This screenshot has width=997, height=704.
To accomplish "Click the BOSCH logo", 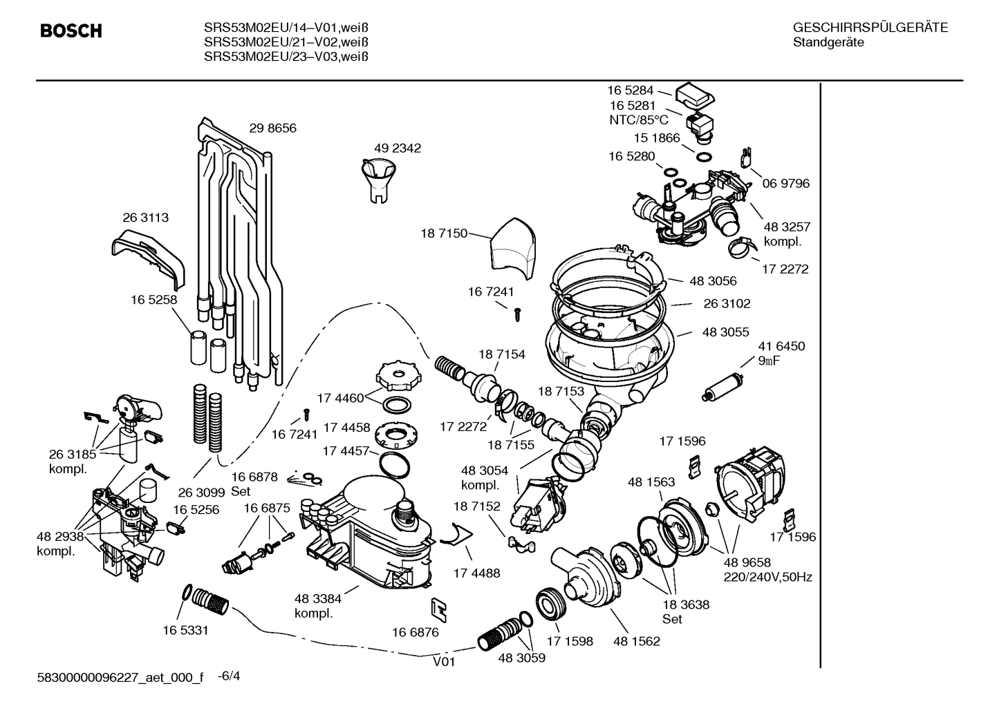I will [71, 31].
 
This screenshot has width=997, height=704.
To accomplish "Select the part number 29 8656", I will [272, 128].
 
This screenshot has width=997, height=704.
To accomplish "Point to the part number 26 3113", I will [145, 217].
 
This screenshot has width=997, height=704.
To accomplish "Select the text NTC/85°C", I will [636, 119].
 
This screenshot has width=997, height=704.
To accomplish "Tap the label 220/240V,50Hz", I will [767, 577].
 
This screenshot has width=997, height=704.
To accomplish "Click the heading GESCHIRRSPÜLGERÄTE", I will [870, 28].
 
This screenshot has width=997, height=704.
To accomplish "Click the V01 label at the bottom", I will [445, 661].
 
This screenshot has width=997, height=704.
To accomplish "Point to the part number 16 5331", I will [185, 630].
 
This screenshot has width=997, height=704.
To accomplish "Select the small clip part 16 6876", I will [438, 608].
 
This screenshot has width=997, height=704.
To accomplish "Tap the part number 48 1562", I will [636, 641].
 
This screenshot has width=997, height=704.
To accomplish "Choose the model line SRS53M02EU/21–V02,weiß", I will [286, 41].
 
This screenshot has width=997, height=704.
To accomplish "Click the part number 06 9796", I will [786, 183].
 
